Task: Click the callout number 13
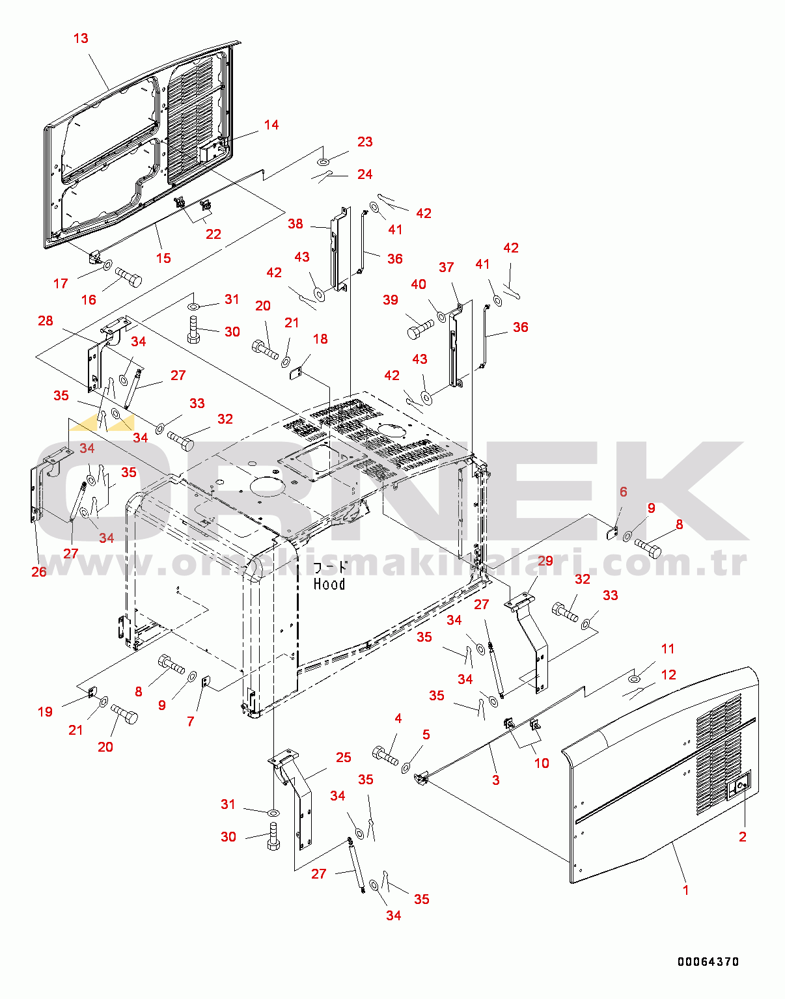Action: click(81, 38)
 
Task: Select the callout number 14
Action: click(271, 125)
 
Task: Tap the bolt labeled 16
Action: click(129, 277)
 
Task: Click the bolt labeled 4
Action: click(385, 756)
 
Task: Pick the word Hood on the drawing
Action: click(329, 584)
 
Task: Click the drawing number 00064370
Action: click(708, 961)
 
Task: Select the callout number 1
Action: click(685, 890)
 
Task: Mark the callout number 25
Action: click(344, 757)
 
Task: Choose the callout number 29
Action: click(545, 561)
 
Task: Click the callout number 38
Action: click(296, 224)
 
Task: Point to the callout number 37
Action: click(446, 267)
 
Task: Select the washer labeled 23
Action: click(324, 161)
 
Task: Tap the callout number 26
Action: click(39, 571)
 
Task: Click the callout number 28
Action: click(46, 321)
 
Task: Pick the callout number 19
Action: click(45, 711)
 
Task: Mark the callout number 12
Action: click(668, 675)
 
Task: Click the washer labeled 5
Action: click(406, 768)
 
